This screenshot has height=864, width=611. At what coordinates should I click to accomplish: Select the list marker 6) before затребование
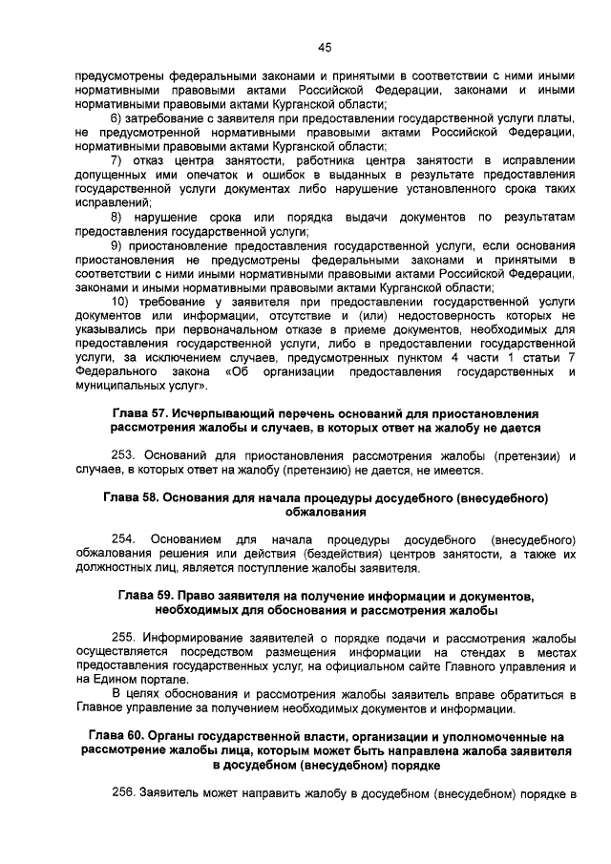(x=117, y=117)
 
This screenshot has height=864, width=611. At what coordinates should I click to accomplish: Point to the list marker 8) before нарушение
(x=117, y=217)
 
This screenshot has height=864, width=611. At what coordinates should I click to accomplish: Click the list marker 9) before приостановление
(x=117, y=245)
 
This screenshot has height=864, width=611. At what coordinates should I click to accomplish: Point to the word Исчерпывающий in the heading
(x=218, y=413)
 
